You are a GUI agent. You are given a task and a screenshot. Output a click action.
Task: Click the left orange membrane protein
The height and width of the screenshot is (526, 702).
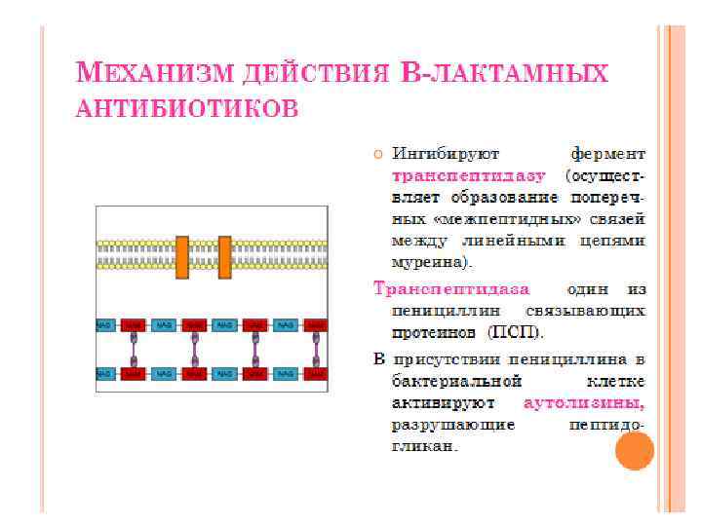(181, 256)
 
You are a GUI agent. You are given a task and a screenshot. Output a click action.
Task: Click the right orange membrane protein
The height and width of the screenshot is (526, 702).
(224, 256)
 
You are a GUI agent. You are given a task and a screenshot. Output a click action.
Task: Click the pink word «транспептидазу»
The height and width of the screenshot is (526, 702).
(454, 176)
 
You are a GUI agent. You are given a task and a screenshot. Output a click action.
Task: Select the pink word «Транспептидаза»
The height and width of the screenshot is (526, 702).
(452, 289)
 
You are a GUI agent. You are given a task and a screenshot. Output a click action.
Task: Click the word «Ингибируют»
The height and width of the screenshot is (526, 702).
(445, 154)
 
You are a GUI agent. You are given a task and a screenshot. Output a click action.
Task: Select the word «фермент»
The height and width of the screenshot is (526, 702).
(607, 154)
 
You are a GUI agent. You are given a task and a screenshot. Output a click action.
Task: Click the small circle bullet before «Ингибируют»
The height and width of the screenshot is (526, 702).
(378, 154)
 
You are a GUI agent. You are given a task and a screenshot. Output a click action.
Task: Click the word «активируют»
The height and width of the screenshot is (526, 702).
(443, 402)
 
